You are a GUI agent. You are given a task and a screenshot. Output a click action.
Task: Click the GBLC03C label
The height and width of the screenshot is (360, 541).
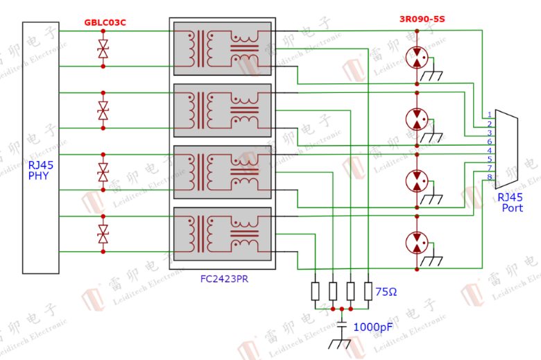105,22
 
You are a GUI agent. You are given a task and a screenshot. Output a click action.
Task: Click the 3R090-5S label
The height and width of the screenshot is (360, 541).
421,19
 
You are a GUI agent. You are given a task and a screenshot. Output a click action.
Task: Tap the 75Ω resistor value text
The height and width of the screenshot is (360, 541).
386,292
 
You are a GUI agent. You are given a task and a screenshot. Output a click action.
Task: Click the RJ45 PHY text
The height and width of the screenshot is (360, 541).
41,170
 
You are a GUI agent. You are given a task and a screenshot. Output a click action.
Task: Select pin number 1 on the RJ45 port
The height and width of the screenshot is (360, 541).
490,114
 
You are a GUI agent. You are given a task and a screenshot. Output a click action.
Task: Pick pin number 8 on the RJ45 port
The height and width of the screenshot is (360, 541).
490,178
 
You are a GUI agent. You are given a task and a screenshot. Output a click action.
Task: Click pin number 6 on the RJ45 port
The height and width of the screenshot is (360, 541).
490,142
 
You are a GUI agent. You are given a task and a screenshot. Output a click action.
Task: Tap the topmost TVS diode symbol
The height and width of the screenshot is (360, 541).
103,49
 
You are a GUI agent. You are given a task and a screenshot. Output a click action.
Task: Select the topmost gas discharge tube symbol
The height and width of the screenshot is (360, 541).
417,58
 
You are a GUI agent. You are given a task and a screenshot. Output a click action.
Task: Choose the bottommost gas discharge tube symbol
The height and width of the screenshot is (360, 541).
417,243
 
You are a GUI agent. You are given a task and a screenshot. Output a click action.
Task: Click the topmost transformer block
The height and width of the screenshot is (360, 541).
222,49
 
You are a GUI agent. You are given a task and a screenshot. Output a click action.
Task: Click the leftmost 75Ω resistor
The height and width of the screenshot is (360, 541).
316,291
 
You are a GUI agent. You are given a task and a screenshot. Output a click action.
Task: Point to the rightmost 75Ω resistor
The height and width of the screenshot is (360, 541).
368,291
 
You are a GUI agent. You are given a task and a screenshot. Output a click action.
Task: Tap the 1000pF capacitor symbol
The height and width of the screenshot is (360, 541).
342,325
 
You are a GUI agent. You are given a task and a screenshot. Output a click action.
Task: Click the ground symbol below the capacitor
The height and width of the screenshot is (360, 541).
341,343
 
